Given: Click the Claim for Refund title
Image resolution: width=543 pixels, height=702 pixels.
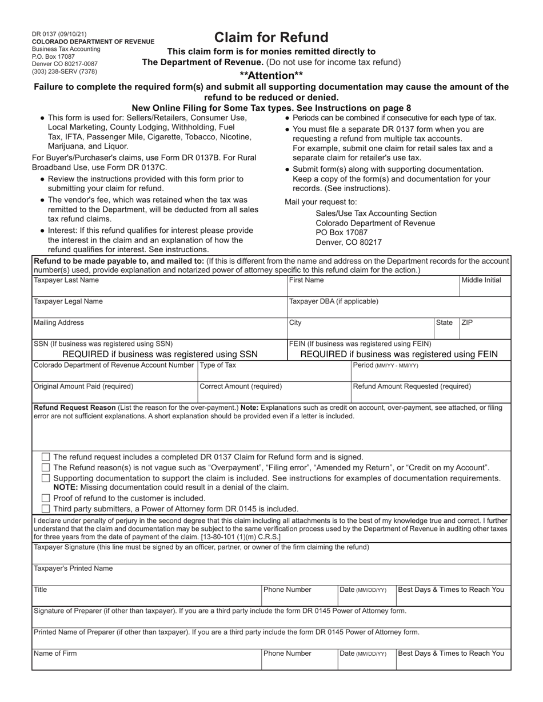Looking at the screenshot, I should coord(271,38).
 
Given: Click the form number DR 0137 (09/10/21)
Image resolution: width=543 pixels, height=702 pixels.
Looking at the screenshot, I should coord(59,34).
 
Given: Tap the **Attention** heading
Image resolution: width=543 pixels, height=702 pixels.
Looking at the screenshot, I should coord(271,75).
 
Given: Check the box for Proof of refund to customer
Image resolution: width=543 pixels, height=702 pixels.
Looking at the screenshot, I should coord(46,498).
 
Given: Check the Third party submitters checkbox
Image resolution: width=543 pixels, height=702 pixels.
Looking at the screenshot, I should coord(46,509).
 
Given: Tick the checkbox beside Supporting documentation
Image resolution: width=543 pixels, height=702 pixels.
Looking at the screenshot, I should coord(46,478).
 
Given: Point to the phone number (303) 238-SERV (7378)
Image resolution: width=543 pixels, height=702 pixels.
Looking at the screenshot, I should coord(65,71).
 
